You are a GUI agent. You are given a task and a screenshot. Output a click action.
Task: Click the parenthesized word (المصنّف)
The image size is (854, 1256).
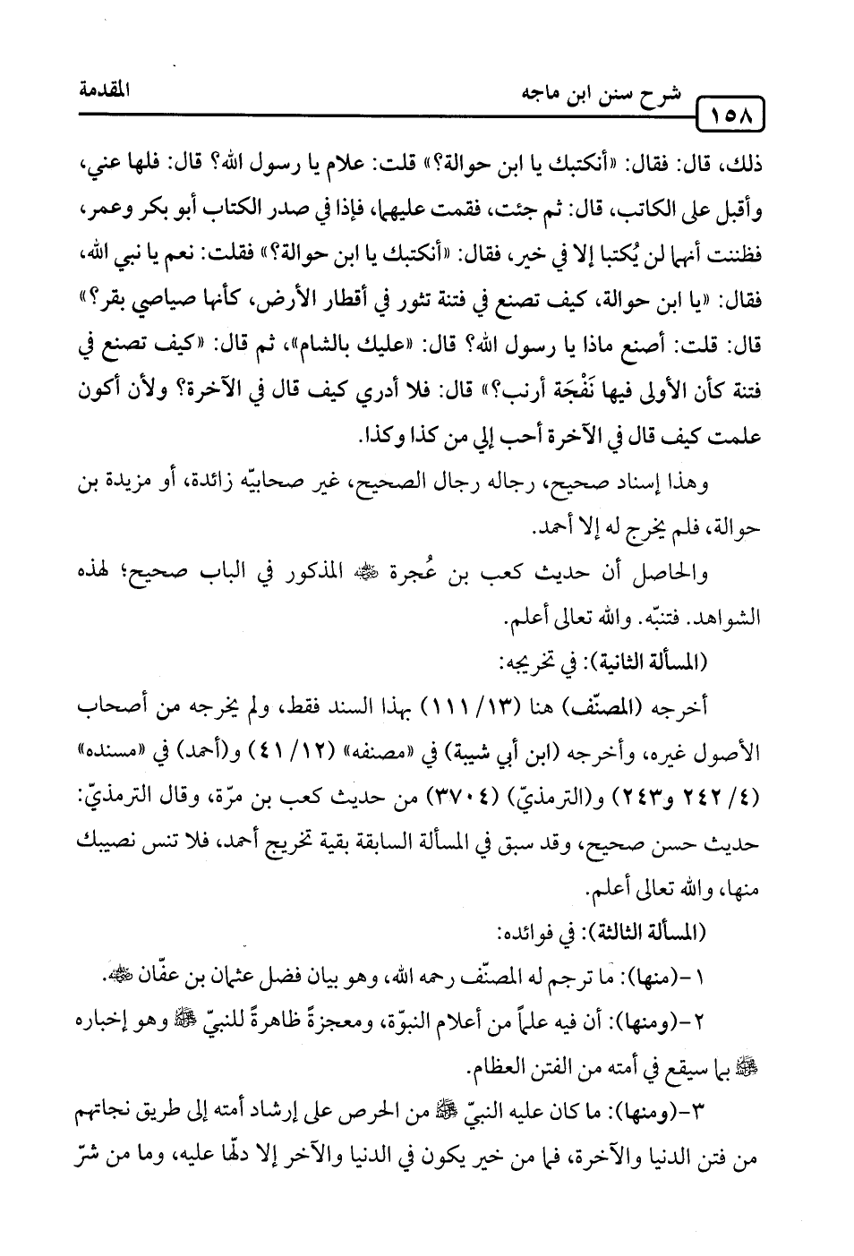click(629, 705)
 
